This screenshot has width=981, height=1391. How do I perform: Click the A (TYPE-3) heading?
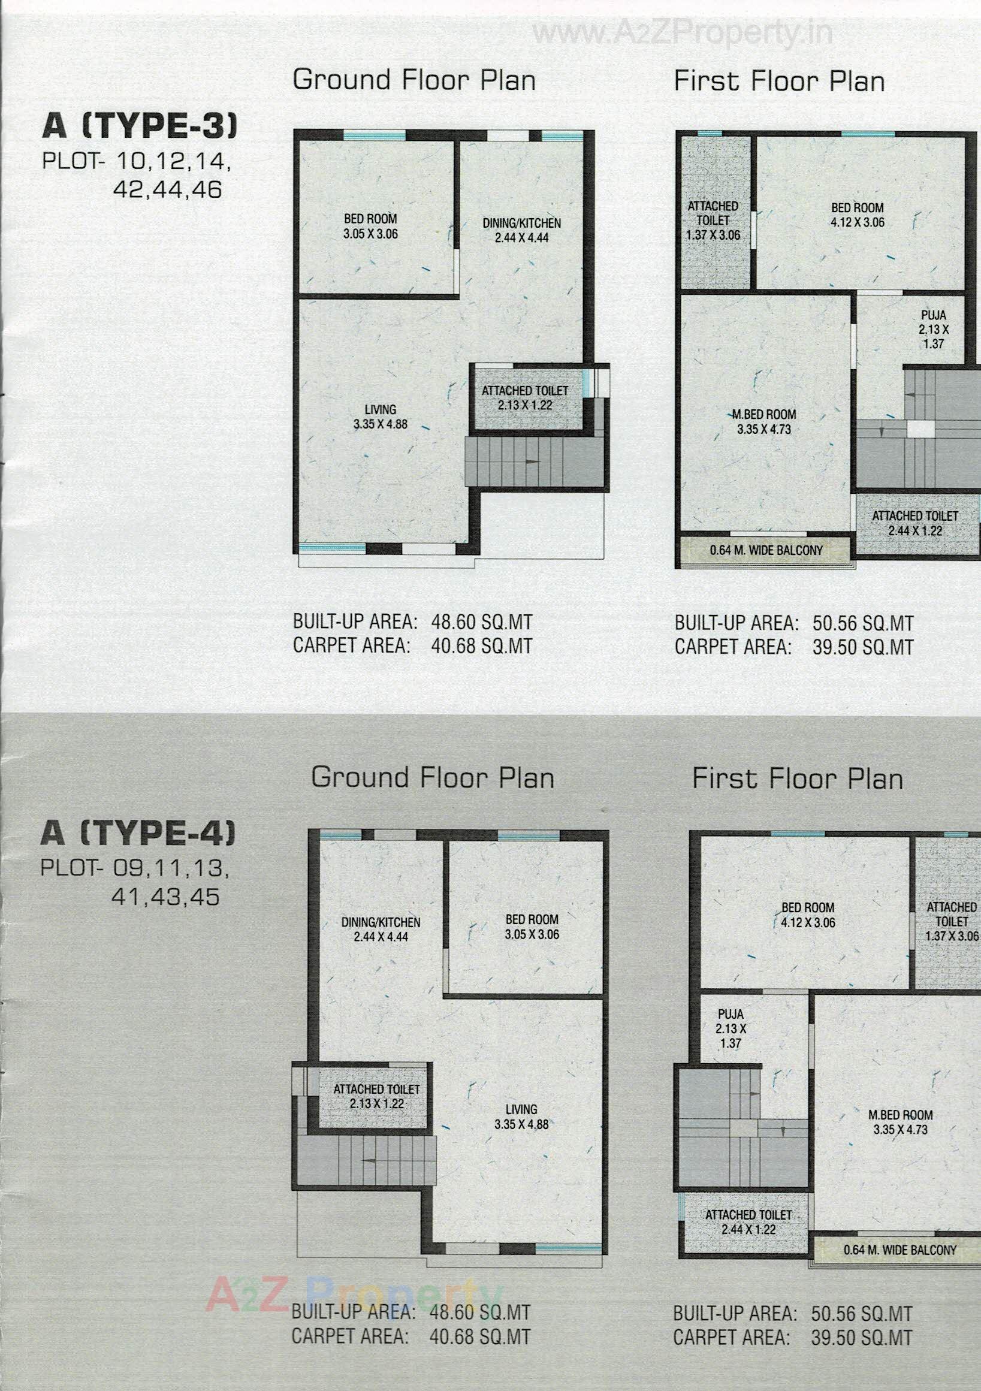coord(140,126)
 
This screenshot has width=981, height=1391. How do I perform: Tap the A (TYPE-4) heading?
coord(138,832)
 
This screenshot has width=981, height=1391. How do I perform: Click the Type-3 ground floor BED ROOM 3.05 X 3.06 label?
coord(370,227)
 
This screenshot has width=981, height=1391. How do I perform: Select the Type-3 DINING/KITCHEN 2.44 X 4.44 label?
coord(522,230)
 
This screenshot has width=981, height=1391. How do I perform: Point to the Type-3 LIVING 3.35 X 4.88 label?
coord(381,417)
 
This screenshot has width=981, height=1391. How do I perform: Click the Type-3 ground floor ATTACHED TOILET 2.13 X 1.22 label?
coord(525,398)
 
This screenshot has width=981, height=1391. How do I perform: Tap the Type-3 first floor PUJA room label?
coord(933,329)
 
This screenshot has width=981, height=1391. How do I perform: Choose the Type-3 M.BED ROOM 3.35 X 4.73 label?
coord(764,422)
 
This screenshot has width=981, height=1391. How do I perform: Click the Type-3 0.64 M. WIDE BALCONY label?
coord(766,550)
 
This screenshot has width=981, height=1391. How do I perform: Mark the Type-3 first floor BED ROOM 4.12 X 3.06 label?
coord(857,215)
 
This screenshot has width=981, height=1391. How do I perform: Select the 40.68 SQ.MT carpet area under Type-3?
coord(481,646)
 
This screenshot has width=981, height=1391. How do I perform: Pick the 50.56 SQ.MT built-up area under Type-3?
coord(862,623)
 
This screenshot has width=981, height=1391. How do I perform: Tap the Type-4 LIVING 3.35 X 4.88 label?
coord(521,1117)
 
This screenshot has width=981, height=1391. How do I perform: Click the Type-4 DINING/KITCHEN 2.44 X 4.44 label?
coord(381,930)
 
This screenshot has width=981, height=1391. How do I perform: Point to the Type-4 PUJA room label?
coord(731,1028)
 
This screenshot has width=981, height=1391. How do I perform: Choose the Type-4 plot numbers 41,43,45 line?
coord(165,897)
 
